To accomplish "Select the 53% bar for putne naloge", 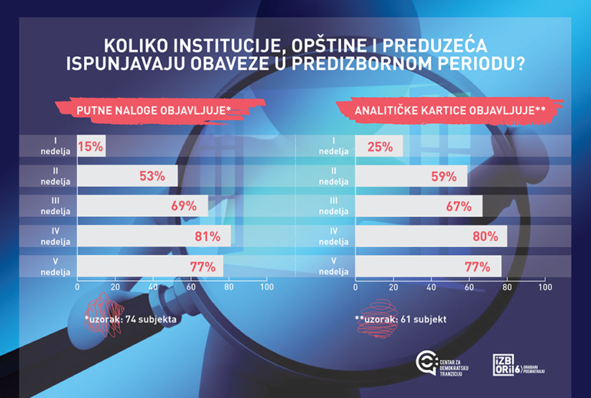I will tap(128, 176).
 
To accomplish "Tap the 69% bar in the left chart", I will tap(142, 206).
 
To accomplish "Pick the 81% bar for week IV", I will tap(154, 236).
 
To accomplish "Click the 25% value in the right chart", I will tap(379, 145).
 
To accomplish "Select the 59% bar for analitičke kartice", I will tap(411, 176).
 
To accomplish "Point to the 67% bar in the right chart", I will tap(419, 206).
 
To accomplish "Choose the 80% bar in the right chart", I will tap(431, 236).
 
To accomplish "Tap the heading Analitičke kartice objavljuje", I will tap(449, 111).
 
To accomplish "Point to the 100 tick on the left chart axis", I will tap(266, 287).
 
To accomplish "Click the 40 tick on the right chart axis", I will tap(430, 287).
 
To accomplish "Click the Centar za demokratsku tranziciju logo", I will tap(441, 363).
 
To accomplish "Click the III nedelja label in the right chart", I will tap(333, 206).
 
